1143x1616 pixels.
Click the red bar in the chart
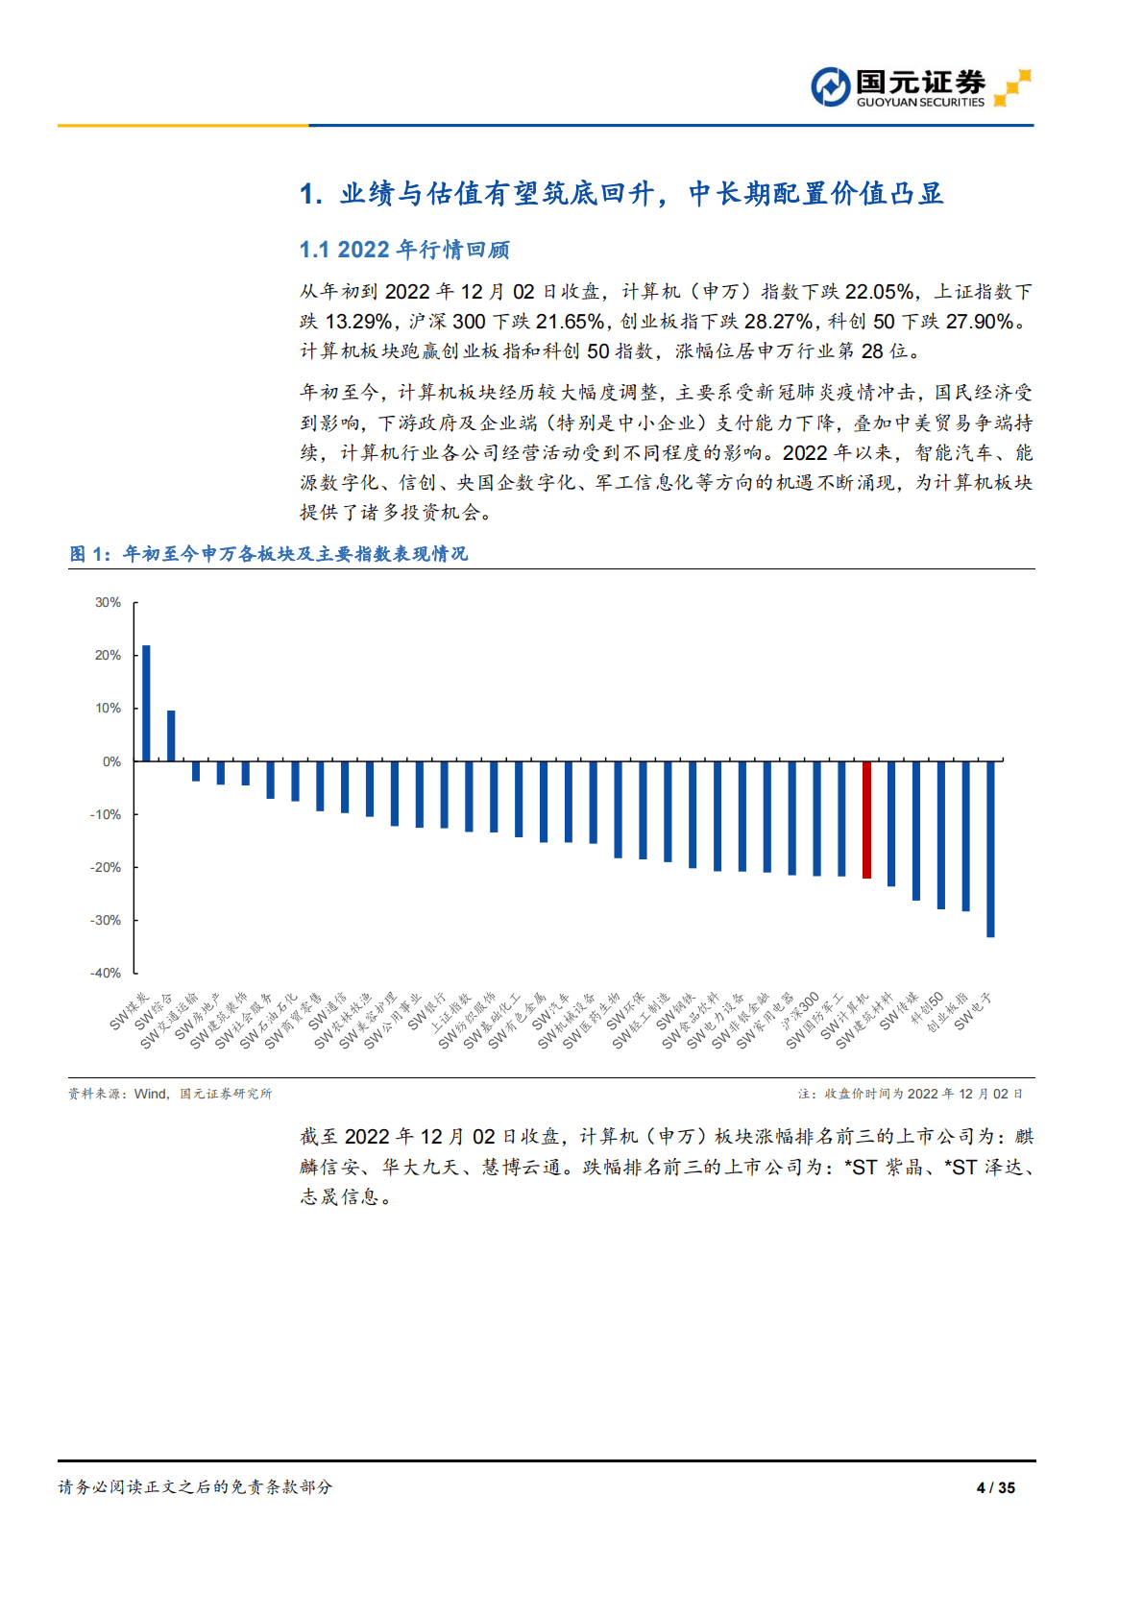[x=866, y=819]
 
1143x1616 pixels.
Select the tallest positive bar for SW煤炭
[x=146, y=703]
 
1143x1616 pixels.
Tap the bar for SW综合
[x=171, y=736]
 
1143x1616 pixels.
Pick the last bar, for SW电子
[x=990, y=849]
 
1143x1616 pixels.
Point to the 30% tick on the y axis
[x=108, y=603]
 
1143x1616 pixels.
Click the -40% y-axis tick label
[x=106, y=973]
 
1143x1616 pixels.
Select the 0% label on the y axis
[x=111, y=761]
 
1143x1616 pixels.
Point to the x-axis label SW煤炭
[x=130, y=1012]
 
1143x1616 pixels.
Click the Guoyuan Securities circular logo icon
[x=830, y=87]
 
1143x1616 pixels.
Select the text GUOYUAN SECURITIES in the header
[x=920, y=102]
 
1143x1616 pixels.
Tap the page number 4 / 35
[x=995, y=1487]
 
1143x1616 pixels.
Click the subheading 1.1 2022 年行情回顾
[x=404, y=250]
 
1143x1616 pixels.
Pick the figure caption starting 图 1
[x=269, y=554]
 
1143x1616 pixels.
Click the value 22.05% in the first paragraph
[x=880, y=292]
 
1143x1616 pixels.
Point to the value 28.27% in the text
[x=780, y=322]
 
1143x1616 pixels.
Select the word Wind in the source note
[x=151, y=1094]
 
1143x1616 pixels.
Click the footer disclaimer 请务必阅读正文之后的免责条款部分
[x=195, y=1487]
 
